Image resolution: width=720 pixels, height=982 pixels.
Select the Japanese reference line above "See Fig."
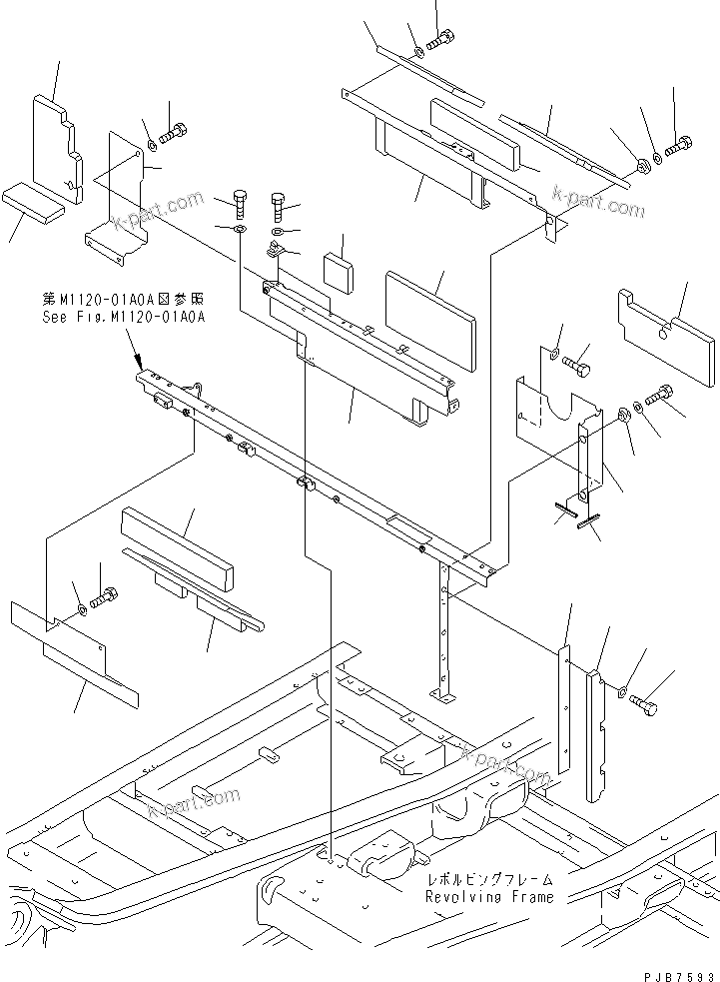click(123, 299)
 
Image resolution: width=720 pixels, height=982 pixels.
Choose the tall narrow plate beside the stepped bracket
click(563, 709)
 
